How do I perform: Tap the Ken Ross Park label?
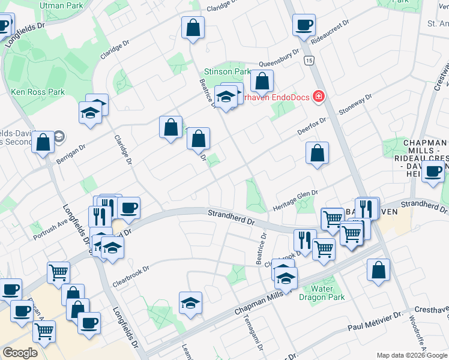pyautogui.click(x=38, y=92)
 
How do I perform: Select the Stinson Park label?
pyautogui.click(x=228, y=71)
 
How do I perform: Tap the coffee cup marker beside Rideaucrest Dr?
pyautogui.click(x=304, y=26)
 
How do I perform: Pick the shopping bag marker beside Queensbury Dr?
pyautogui.click(x=262, y=80)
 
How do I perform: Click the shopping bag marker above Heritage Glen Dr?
pyautogui.click(x=316, y=154)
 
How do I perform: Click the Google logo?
pyautogui.click(x=20, y=352)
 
